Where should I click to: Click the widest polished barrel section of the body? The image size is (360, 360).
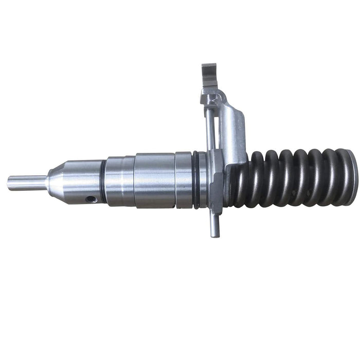(154, 180)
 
